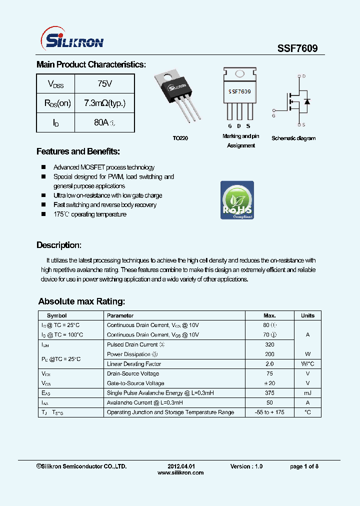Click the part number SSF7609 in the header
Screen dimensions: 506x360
coord(297,48)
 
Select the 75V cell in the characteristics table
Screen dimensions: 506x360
coord(104,84)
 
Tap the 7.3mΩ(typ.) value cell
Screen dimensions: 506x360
coord(104,103)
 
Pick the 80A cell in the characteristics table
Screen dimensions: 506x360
coord(104,122)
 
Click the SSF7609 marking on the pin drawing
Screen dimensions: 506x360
coord(240,91)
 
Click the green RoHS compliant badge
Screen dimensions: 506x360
coord(237,200)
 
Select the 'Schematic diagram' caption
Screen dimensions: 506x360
coord(293,138)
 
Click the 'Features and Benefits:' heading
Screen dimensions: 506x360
coord(78,151)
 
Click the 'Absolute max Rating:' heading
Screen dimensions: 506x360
coord(81,301)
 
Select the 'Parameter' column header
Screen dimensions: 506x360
coord(120,315)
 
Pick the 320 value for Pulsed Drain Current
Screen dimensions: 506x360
coord(269,344)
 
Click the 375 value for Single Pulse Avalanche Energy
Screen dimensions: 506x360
coord(269,393)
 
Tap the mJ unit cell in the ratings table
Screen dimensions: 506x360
coord(307,393)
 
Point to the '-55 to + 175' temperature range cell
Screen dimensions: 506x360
coord(269,412)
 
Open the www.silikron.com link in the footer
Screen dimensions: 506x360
coord(180,472)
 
